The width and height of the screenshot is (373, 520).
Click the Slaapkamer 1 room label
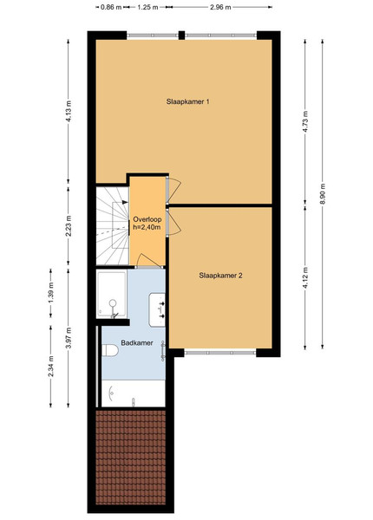pos(187,101)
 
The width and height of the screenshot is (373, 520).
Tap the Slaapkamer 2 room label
pos(220,276)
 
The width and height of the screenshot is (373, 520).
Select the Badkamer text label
pos(137,342)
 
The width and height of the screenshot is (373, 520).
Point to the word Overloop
pos(147,219)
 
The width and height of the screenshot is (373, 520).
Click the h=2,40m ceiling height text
pos(147,227)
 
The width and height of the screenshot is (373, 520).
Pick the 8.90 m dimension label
pos(323,194)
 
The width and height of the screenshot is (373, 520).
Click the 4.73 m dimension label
pos(305,121)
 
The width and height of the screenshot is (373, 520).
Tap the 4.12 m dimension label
pos(305,277)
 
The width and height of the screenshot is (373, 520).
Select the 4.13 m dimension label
pos(69,111)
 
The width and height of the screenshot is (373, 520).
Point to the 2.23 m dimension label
pos(69,226)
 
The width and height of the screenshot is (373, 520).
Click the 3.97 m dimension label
pos(69,338)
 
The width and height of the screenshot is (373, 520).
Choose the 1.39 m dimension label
pos(51,293)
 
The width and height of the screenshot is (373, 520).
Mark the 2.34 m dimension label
pos(51,366)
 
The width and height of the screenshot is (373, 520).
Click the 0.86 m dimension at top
pos(111,7)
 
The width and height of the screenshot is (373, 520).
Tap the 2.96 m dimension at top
pos(220,7)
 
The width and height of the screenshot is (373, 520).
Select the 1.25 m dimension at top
pos(147,7)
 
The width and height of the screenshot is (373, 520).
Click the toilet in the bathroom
pos(110,350)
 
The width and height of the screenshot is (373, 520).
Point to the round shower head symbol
pos(113,302)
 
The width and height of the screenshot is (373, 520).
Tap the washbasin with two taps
pos(157,309)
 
